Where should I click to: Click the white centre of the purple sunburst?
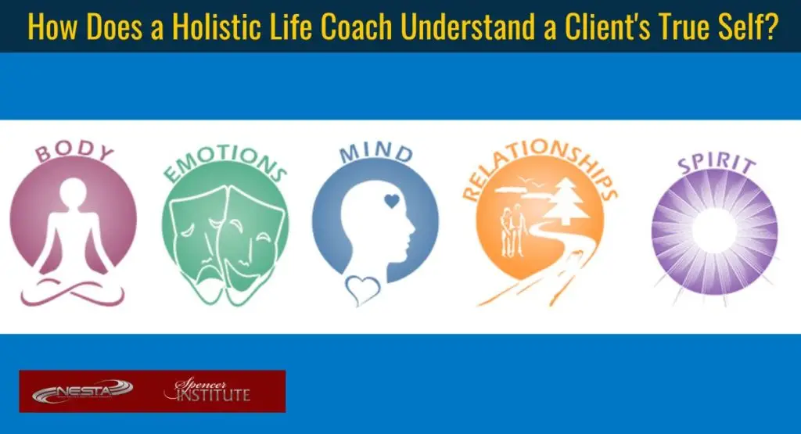714,231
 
